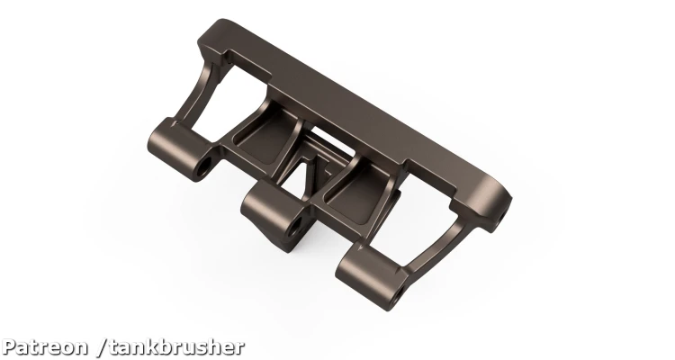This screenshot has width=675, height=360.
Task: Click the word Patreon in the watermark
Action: pyautogui.click(x=44, y=347)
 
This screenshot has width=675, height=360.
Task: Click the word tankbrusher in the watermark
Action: pyautogui.click(x=176, y=347)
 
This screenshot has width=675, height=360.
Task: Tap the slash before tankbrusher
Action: pyautogui.click(x=102, y=347)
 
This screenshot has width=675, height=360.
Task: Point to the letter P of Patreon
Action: pyautogui.click(x=9, y=347)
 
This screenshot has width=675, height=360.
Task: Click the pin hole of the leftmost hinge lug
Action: pyautogui.click(x=203, y=168)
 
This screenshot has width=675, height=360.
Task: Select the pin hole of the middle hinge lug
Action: pyautogui.click(x=296, y=227)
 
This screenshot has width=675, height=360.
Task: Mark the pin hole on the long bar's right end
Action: pyautogui.click(x=501, y=215)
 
